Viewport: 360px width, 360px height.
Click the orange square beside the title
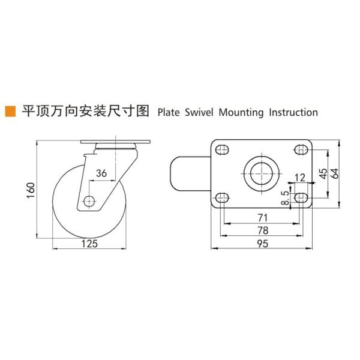click(x=10, y=111)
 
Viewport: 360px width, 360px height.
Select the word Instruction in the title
click(x=293, y=112)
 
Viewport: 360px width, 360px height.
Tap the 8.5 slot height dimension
click(x=286, y=196)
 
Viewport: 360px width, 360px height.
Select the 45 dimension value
click(x=323, y=173)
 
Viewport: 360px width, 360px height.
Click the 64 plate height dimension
click(x=335, y=173)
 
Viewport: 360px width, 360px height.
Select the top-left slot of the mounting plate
click(x=222, y=149)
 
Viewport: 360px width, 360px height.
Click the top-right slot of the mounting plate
click(x=300, y=149)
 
